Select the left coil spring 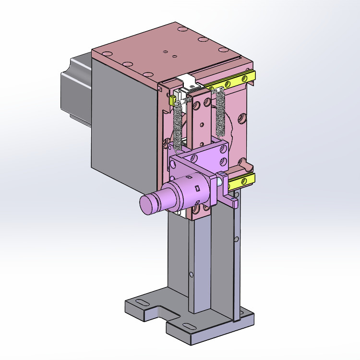coord(178,125)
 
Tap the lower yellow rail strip coord(242,181)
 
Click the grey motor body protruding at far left coord(74,91)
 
